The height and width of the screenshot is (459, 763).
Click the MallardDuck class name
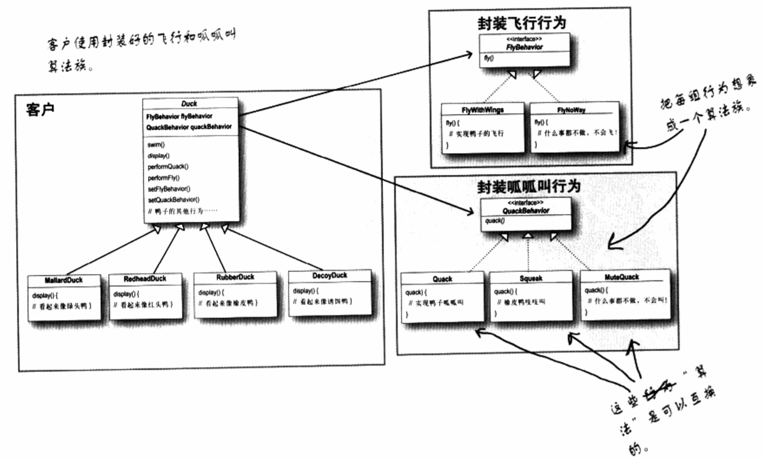[64, 280]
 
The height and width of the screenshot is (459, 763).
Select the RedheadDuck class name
[145, 279]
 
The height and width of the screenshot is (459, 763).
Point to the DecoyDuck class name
[329, 275]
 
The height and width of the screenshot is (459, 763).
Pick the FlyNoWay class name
[571, 109]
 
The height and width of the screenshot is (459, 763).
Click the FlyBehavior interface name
[525, 47]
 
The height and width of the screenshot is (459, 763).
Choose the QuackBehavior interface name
[526, 211]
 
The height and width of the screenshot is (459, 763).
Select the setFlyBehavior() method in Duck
[169, 188]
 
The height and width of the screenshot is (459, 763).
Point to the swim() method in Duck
[156, 144]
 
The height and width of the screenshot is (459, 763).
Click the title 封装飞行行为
[521, 23]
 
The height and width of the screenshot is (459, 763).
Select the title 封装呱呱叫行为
[528, 186]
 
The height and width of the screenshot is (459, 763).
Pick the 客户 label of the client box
[40, 109]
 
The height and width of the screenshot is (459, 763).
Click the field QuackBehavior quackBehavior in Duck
[189, 126]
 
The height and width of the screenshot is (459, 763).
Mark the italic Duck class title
[189, 104]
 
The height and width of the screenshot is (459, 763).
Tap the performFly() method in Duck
[163, 177]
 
